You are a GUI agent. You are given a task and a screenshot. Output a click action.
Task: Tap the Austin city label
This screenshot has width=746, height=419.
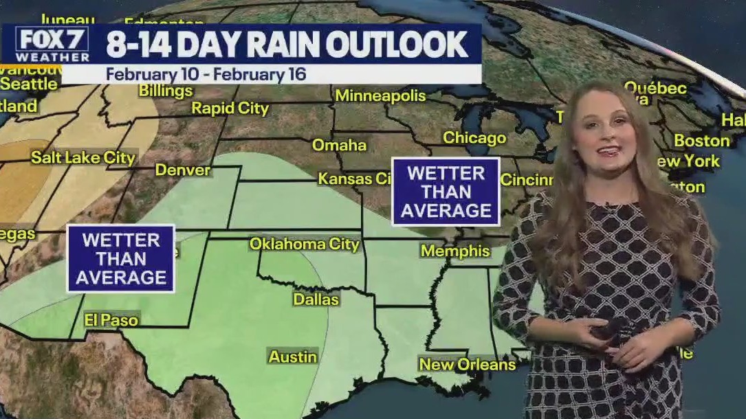293,356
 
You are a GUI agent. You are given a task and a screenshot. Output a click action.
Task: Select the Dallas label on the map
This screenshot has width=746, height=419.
316,299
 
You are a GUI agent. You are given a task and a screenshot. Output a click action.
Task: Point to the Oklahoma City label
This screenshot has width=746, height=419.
304,244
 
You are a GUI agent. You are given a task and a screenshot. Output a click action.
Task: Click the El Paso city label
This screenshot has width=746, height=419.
111,320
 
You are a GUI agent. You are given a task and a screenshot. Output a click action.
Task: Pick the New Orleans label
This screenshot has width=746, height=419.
468,364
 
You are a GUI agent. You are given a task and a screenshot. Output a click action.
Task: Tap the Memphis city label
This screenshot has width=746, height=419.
455,251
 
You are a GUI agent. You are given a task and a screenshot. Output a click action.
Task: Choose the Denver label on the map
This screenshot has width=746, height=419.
182,170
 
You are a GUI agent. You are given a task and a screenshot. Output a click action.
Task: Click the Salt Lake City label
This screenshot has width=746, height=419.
83,157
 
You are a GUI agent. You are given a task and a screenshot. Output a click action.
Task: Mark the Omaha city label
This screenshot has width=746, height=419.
339,146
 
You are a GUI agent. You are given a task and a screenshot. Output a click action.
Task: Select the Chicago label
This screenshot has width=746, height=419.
474,137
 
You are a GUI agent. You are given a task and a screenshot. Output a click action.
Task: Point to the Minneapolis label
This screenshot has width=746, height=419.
380,95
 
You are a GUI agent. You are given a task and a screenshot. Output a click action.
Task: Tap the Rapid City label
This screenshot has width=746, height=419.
230,108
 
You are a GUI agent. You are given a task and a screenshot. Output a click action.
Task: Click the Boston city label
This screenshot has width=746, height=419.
701,141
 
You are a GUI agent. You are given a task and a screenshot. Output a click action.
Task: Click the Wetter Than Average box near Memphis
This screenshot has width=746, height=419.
446,192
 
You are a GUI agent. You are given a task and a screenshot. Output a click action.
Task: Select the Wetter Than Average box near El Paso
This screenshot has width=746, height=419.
121,259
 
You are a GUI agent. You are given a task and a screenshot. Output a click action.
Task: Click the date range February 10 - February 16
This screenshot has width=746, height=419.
206,73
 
